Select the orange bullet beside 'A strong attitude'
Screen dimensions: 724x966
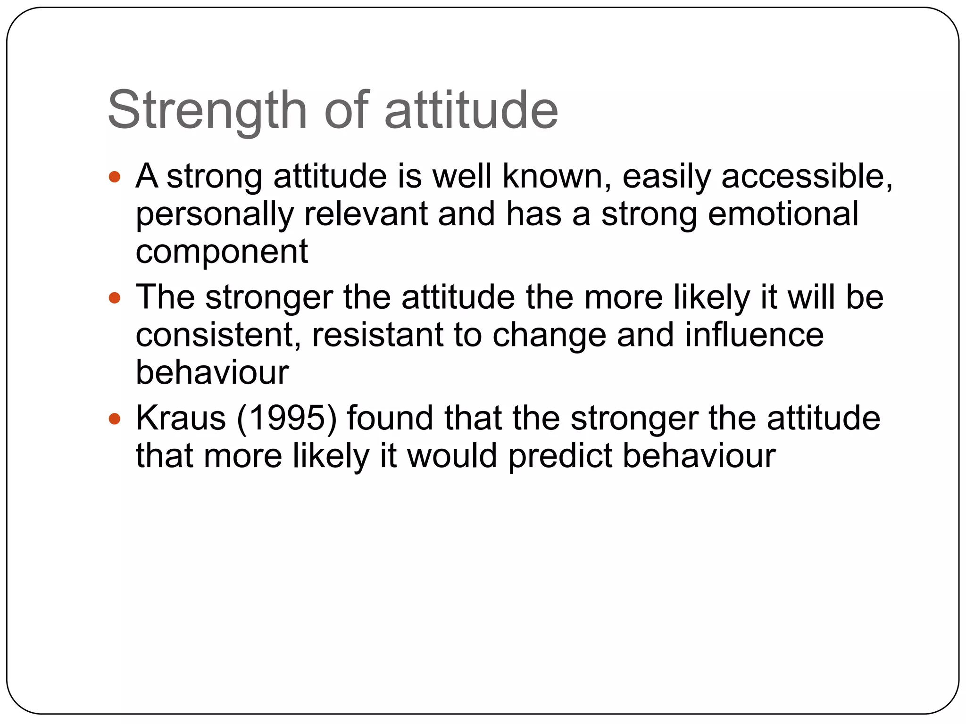coord(115,177)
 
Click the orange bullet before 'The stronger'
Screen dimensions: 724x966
coord(115,298)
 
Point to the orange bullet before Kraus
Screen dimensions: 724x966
coord(115,419)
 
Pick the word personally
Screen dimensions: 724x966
coord(215,215)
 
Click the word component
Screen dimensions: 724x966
coord(222,253)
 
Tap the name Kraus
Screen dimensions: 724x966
coord(181,419)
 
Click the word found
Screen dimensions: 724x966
coord(390,419)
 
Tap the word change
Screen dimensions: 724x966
coord(549,336)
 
